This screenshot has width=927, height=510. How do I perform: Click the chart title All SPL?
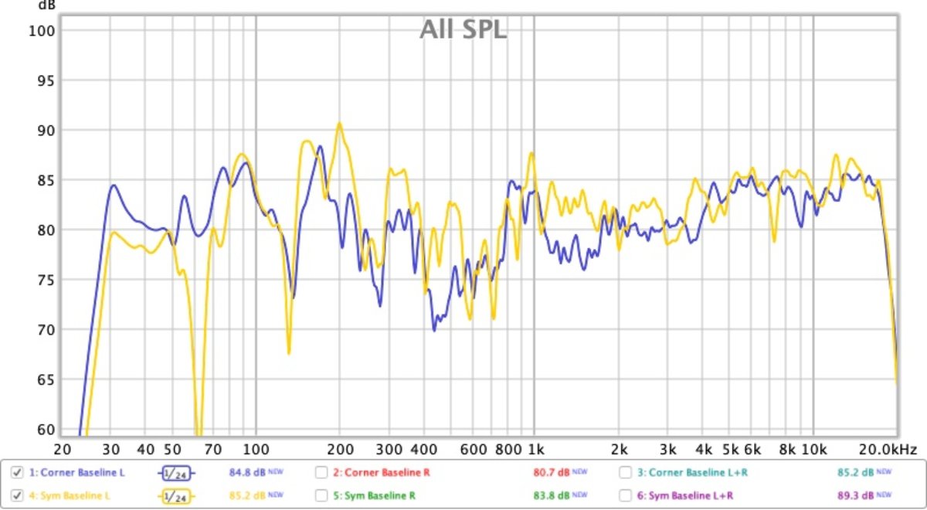(463, 29)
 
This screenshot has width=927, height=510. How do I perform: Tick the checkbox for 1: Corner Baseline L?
(17, 472)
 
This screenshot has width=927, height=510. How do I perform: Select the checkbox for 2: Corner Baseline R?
(321, 472)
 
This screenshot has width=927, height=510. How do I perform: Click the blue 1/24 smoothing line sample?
(177, 472)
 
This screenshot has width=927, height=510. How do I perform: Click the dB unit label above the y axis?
(47, 5)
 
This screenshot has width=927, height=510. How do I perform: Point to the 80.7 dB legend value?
(554, 472)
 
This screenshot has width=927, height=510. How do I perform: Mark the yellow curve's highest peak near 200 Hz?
(338, 123)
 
